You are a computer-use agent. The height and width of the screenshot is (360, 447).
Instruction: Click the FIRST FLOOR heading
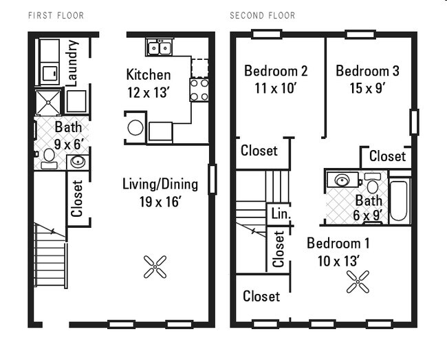tap(56, 15)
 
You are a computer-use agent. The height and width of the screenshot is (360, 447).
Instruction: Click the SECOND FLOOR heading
tap(262, 15)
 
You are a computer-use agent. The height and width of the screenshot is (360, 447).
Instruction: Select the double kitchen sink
tap(160, 47)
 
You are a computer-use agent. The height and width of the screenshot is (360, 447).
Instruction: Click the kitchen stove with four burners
tap(199, 89)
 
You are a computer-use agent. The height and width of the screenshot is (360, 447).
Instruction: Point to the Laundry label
tap(73, 62)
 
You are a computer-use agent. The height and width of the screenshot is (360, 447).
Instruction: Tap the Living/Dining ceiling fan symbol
tap(155, 266)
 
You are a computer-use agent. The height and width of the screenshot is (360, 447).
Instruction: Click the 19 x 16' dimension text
tap(160, 202)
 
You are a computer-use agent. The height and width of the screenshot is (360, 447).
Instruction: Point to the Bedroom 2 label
tap(276, 71)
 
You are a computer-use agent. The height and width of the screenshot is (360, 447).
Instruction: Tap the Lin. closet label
tap(281, 214)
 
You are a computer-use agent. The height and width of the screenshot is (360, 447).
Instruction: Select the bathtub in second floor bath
tap(399, 200)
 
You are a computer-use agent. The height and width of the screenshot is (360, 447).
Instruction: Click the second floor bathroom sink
tap(342, 180)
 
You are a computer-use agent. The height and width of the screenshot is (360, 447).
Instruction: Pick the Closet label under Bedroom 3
tap(386, 156)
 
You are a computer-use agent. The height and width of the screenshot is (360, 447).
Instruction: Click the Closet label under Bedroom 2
tap(259, 151)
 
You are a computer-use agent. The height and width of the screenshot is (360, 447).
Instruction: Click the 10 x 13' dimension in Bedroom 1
tap(333, 261)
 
